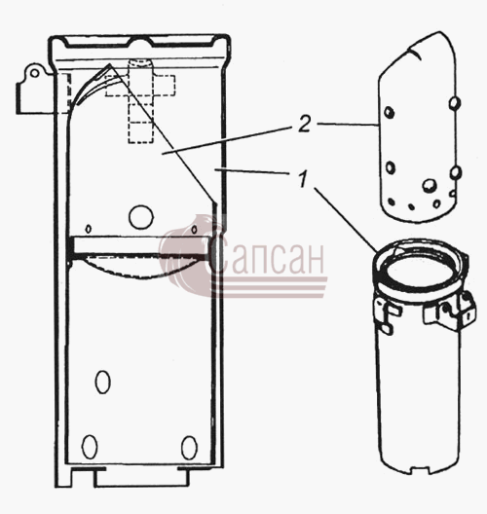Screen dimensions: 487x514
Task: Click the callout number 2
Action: click(x=305, y=125)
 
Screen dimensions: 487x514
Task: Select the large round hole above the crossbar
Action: click(x=141, y=217)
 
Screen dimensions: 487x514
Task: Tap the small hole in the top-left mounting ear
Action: click(x=34, y=73)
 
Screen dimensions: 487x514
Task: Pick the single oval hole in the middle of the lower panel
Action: click(x=102, y=382)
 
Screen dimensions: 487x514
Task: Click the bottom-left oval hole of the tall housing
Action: click(x=90, y=447)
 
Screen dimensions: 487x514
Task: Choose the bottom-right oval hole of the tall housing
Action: click(x=189, y=448)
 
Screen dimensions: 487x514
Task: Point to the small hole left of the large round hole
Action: click(x=89, y=229)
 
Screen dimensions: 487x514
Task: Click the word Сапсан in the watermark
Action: click(x=267, y=256)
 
